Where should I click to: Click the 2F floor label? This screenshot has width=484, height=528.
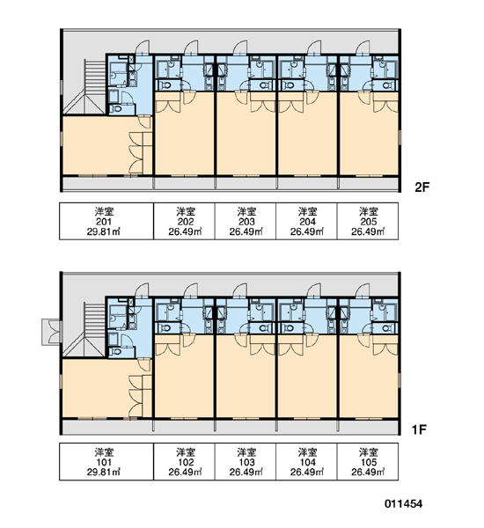[x=422, y=187]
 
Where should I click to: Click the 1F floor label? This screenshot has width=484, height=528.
[x=420, y=429]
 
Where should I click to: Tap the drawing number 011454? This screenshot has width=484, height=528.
[x=404, y=503]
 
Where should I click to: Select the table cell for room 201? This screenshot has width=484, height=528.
[x=106, y=221]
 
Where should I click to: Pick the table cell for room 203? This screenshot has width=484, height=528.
[x=246, y=221]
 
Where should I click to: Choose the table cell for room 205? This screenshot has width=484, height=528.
[x=368, y=221]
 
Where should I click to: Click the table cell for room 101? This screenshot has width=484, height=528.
[x=106, y=461]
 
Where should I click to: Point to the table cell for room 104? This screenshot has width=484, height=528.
[x=306, y=461]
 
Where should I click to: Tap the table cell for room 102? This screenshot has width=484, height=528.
[x=184, y=461]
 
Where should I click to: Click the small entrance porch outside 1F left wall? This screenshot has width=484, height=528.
[x=52, y=332]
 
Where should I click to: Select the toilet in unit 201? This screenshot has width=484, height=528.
[x=117, y=109]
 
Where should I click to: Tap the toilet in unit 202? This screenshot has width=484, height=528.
[x=165, y=84]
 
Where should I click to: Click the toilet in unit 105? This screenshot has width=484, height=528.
[x=387, y=327]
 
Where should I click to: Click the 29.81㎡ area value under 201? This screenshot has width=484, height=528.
[x=104, y=231]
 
